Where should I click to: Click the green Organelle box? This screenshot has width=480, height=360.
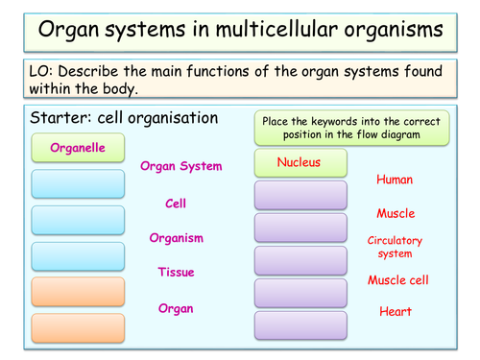[78, 149]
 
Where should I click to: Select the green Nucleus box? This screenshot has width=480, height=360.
[300, 162]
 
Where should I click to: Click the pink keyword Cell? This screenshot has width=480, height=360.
[176, 204]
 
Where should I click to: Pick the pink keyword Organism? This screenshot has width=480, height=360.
[176, 237]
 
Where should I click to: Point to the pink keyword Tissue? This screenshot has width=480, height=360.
[177, 273]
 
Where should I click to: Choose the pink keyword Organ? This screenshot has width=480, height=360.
[176, 308]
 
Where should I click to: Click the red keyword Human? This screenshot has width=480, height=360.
[395, 180]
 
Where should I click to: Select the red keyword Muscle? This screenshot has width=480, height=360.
[395, 213]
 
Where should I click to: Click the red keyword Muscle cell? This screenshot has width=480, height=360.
[395, 280]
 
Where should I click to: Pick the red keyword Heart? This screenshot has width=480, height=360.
[395, 312]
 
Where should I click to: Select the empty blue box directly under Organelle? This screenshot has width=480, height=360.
[78, 184]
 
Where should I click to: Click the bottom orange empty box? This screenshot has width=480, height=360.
[78, 327]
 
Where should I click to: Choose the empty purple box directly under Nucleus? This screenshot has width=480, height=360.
[300, 196]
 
